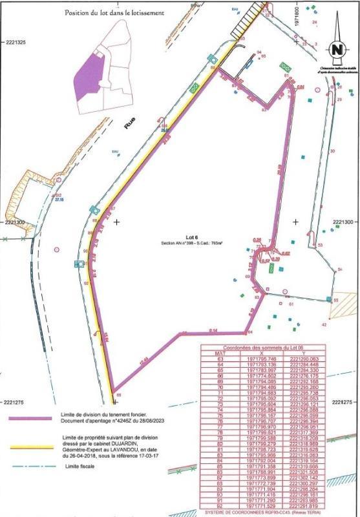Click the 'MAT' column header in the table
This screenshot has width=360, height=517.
(x=220, y=353)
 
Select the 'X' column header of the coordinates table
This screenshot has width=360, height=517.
(x=261, y=353)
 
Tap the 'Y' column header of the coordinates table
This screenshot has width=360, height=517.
(x=305, y=353)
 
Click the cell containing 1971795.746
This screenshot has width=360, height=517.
(x=261, y=358)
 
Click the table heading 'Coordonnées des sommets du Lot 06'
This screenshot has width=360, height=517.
(x=263, y=348)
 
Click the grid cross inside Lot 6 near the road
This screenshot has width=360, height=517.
(x=116, y=222)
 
